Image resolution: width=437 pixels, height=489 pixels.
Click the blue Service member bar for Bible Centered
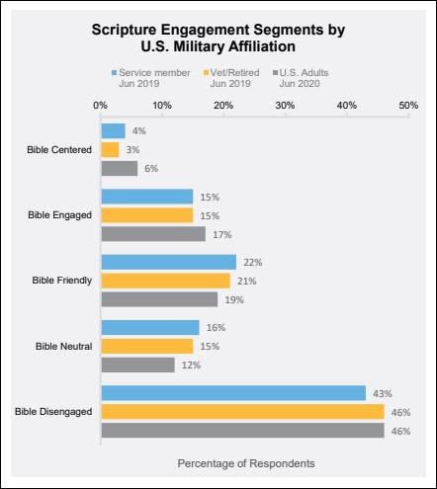click(x=113, y=131)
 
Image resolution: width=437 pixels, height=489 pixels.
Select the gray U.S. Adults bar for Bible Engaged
click(x=153, y=234)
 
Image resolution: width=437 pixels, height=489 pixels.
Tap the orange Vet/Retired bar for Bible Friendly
click(x=165, y=281)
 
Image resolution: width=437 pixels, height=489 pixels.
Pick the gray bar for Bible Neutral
click(x=137, y=365)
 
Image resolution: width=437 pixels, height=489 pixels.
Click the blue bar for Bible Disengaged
click(x=233, y=393)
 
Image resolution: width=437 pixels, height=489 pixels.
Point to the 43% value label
click(x=383, y=394)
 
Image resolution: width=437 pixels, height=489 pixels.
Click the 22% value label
click(x=253, y=263)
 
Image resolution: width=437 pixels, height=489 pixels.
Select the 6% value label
click(x=151, y=169)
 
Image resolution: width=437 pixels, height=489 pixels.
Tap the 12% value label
click(x=191, y=366)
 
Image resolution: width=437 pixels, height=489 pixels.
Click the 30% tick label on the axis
click(x=285, y=106)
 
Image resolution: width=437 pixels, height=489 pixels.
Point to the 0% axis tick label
click(x=100, y=106)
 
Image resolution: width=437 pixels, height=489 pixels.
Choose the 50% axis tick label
click(x=408, y=106)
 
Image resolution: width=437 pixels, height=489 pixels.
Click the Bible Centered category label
click(x=59, y=150)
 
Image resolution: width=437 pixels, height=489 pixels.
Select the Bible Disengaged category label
click(x=53, y=412)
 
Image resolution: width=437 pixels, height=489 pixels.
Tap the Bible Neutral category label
click(x=64, y=347)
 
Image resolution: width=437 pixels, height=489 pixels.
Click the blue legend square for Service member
click(x=115, y=72)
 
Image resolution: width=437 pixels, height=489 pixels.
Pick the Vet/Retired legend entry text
click(x=234, y=78)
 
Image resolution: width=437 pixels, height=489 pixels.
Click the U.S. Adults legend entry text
click(x=304, y=78)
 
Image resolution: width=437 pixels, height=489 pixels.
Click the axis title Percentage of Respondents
click(x=246, y=463)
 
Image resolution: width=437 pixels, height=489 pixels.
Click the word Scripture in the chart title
click(x=124, y=30)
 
